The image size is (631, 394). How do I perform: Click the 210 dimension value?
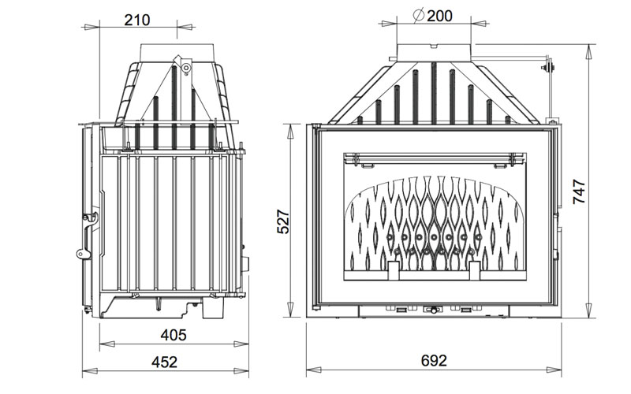(137, 20)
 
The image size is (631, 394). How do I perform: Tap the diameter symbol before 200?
(419, 15)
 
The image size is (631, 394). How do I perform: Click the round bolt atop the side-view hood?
(185, 68)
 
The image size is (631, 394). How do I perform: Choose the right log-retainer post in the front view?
(473, 270)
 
